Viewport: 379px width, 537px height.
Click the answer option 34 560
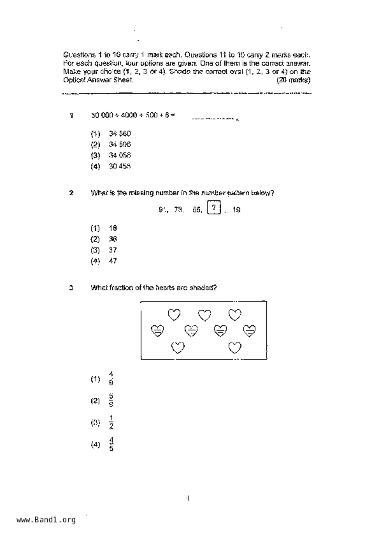[x=120, y=134]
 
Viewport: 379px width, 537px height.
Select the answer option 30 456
[x=120, y=167]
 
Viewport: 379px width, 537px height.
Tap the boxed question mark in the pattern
[x=214, y=208]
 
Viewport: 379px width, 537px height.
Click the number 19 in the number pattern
[x=236, y=210]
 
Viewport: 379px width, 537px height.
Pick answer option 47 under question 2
[x=113, y=261]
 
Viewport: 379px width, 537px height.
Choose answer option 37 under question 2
[x=113, y=250]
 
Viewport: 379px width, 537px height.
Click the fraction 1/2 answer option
[x=111, y=423]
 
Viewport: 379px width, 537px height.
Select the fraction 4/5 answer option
[x=111, y=444]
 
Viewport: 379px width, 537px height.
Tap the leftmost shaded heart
[x=158, y=331]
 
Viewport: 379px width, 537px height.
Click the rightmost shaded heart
[x=249, y=331]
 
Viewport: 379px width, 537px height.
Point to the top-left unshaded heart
[x=174, y=315]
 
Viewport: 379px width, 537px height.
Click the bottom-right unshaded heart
[x=235, y=347]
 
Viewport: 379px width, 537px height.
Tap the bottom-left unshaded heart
[x=178, y=348]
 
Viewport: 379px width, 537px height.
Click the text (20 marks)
[x=293, y=81]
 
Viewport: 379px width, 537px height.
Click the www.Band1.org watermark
[x=46, y=520]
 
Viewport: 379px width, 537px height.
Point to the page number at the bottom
[x=188, y=498]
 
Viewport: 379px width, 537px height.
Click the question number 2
[x=71, y=193]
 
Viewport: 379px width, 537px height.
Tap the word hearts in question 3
[x=165, y=288]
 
